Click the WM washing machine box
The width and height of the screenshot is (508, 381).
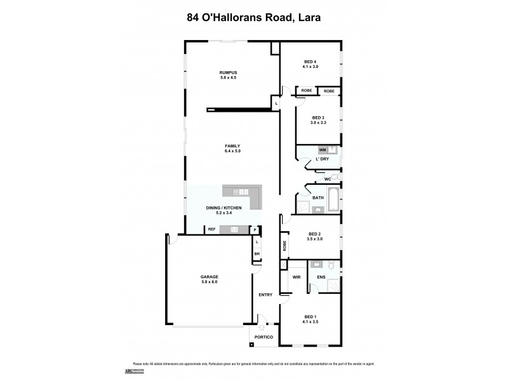click(323, 150)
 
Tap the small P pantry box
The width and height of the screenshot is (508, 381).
click(255, 230)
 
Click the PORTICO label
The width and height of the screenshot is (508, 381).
click(264, 337)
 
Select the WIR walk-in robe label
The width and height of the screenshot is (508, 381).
click(296, 277)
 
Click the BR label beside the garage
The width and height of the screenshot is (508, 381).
click(257, 254)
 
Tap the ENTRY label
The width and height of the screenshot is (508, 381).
click(265, 295)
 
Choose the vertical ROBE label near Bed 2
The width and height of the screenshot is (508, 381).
click(284, 246)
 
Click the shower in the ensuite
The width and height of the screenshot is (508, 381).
click(333, 285)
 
